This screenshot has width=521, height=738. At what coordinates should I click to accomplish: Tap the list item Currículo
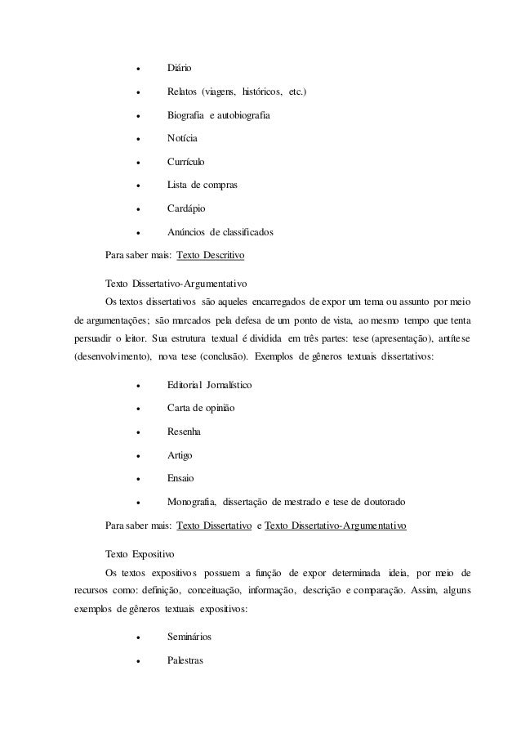click(x=186, y=162)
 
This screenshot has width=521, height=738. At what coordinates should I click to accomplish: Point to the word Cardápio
click(x=185, y=209)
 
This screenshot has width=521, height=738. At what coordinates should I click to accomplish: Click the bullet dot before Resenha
click(x=140, y=432)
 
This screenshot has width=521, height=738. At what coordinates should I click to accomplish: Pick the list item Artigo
click(x=180, y=454)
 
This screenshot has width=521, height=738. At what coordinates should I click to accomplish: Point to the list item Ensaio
click(x=180, y=478)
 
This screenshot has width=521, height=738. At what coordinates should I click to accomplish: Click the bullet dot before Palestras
click(x=140, y=660)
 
